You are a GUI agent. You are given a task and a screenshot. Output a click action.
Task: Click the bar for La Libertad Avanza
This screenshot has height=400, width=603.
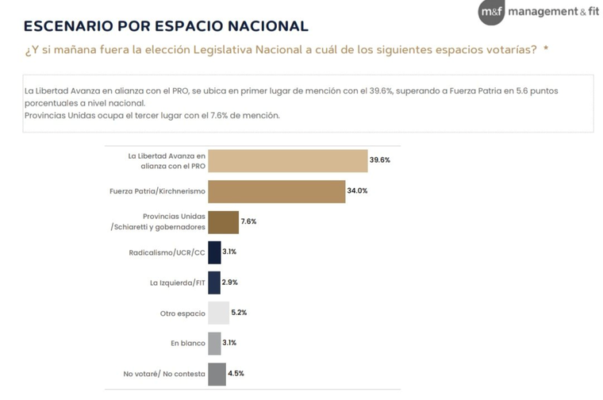(287, 160)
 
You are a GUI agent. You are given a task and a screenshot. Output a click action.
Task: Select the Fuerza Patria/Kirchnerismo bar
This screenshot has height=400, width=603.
(276, 191)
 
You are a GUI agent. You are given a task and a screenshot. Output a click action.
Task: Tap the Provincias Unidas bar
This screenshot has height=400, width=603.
(223, 221)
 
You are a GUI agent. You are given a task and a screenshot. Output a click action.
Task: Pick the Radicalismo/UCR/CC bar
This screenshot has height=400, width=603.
(214, 252)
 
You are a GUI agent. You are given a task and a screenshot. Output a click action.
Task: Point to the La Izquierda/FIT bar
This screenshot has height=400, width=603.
(213, 283)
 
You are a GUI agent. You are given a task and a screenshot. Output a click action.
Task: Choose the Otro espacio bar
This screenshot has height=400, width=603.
(218, 313)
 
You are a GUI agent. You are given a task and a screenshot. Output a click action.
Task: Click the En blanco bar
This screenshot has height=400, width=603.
(214, 343)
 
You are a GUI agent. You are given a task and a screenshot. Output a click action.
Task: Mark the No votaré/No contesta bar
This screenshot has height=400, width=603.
(217, 374)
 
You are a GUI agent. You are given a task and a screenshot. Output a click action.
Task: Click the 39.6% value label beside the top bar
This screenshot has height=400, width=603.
(380, 160)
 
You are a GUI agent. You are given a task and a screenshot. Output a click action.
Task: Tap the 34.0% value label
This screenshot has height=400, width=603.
(357, 191)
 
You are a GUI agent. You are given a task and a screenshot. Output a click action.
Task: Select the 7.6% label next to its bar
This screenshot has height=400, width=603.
(248, 221)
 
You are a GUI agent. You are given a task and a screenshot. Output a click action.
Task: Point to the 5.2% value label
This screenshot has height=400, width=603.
(239, 313)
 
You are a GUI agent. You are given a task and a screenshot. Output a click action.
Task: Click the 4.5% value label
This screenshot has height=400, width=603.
(236, 374)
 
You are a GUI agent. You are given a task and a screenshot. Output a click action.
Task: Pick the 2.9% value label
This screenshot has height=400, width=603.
(230, 283)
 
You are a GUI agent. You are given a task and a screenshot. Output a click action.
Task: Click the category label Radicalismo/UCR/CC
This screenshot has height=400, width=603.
(167, 252)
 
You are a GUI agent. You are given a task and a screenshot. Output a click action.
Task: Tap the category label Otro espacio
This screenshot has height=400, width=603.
(182, 313)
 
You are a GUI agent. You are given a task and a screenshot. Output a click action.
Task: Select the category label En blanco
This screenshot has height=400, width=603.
(187, 344)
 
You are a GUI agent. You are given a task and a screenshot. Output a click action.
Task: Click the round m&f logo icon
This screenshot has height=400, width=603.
(491, 12)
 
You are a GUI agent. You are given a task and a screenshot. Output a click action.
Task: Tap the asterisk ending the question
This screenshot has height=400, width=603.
(545, 49)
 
